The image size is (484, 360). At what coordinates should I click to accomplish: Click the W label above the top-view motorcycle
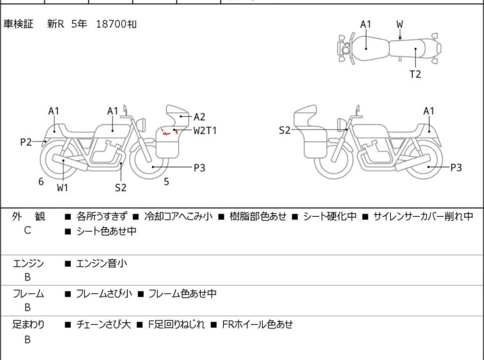tap(400, 24)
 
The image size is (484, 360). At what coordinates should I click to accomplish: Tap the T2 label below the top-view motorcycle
tap(415, 74)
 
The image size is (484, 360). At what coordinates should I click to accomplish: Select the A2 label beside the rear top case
tap(199, 117)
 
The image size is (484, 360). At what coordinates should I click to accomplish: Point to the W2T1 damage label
tap(205, 130)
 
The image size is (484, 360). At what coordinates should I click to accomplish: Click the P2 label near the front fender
tap(26, 142)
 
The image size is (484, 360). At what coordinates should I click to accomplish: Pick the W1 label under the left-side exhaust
tap(63, 188)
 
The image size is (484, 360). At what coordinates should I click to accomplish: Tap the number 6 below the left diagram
tap(41, 182)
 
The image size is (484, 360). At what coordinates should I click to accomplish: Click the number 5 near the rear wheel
tap(166, 182)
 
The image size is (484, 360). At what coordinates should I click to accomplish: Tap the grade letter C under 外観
tap(28, 230)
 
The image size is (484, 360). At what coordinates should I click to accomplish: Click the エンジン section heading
tap(28, 263)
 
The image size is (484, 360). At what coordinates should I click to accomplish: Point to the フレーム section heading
tap(28, 294)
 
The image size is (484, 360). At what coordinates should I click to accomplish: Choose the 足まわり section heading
tap(28, 325)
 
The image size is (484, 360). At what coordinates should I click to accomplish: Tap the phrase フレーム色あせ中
tap(182, 294)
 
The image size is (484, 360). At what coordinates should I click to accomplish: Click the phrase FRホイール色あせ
tap(257, 325)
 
